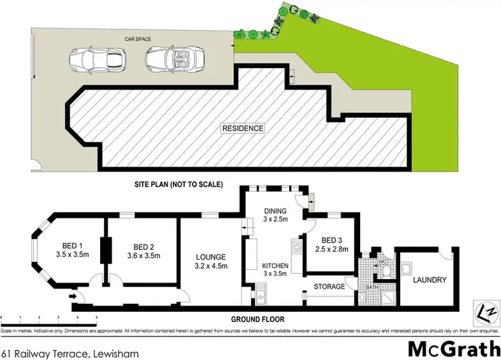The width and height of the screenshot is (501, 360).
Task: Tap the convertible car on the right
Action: (160, 59)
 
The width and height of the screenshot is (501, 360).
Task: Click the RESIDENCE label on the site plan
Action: (243, 128)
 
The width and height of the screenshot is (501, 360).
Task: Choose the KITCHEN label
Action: (274, 265)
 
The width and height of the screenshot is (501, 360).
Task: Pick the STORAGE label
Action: (330, 287)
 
